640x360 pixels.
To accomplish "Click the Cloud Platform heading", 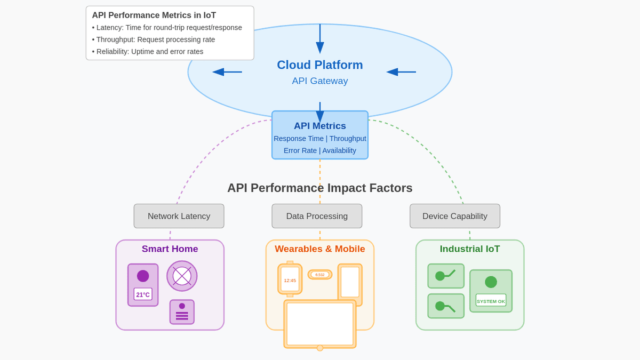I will [319, 65].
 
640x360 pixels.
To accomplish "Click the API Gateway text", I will [319, 81].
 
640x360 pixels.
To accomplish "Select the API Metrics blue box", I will [319, 135].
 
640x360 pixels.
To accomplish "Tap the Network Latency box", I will [179, 216].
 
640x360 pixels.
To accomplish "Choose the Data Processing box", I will [317, 216].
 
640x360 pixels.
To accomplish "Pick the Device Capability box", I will [454, 216].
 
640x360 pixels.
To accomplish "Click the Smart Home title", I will [170, 249].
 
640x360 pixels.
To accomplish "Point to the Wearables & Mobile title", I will [319, 249].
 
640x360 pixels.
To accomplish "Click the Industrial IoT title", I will [469, 249].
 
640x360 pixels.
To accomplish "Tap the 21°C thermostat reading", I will [143, 294].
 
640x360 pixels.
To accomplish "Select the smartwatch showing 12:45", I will [290, 279].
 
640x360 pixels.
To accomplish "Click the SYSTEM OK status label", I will [491, 301].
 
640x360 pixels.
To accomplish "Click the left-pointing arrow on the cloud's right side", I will [401, 72].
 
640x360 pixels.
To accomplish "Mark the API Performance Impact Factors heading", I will [319, 188].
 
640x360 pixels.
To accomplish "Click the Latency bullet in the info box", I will [167, 28].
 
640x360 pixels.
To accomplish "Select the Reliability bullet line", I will [148, 52].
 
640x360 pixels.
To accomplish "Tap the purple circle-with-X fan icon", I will [182, 276].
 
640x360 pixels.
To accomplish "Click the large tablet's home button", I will [319, 348].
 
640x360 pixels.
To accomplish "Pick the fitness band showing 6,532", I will [319, 275].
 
